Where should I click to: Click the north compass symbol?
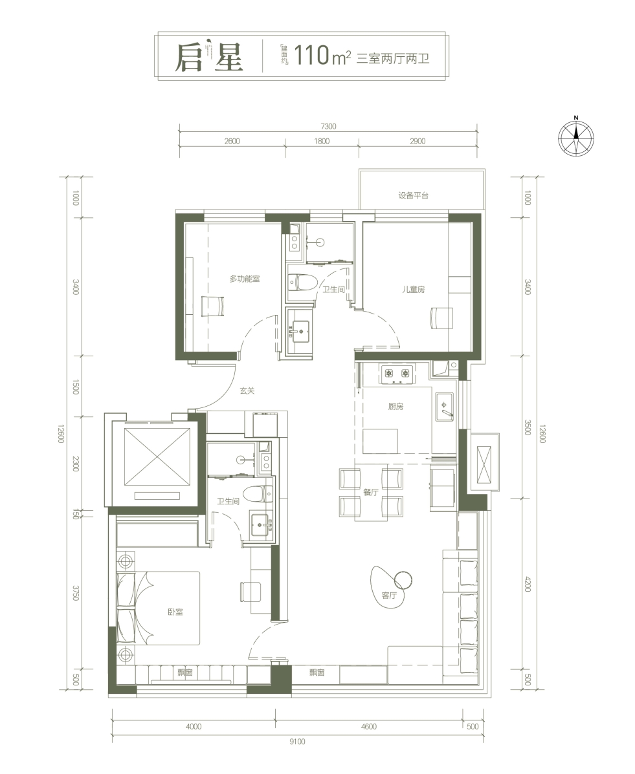click(576, 136)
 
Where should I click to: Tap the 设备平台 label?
click(414, 195)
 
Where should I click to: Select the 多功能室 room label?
click(245, 279)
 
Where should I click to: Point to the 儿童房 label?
click(413, 289)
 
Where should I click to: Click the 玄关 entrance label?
click(247, 391)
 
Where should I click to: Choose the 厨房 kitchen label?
click(396, 407)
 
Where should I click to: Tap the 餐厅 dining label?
click(371, 492)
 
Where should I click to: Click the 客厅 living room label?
click(390, 596)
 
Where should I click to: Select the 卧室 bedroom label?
click(175, 612)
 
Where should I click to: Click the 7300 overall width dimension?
click(328, 126)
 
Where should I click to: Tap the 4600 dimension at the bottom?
click(369, 727)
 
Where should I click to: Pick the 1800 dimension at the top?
click(322, 141)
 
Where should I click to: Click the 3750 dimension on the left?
click(76, 593)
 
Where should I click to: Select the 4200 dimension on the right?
click(528, 584)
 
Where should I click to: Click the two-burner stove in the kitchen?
click(397, 374)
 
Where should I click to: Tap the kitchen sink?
click(445, 407)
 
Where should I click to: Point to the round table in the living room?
click(403, 579)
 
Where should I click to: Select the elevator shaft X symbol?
click(158, 457)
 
